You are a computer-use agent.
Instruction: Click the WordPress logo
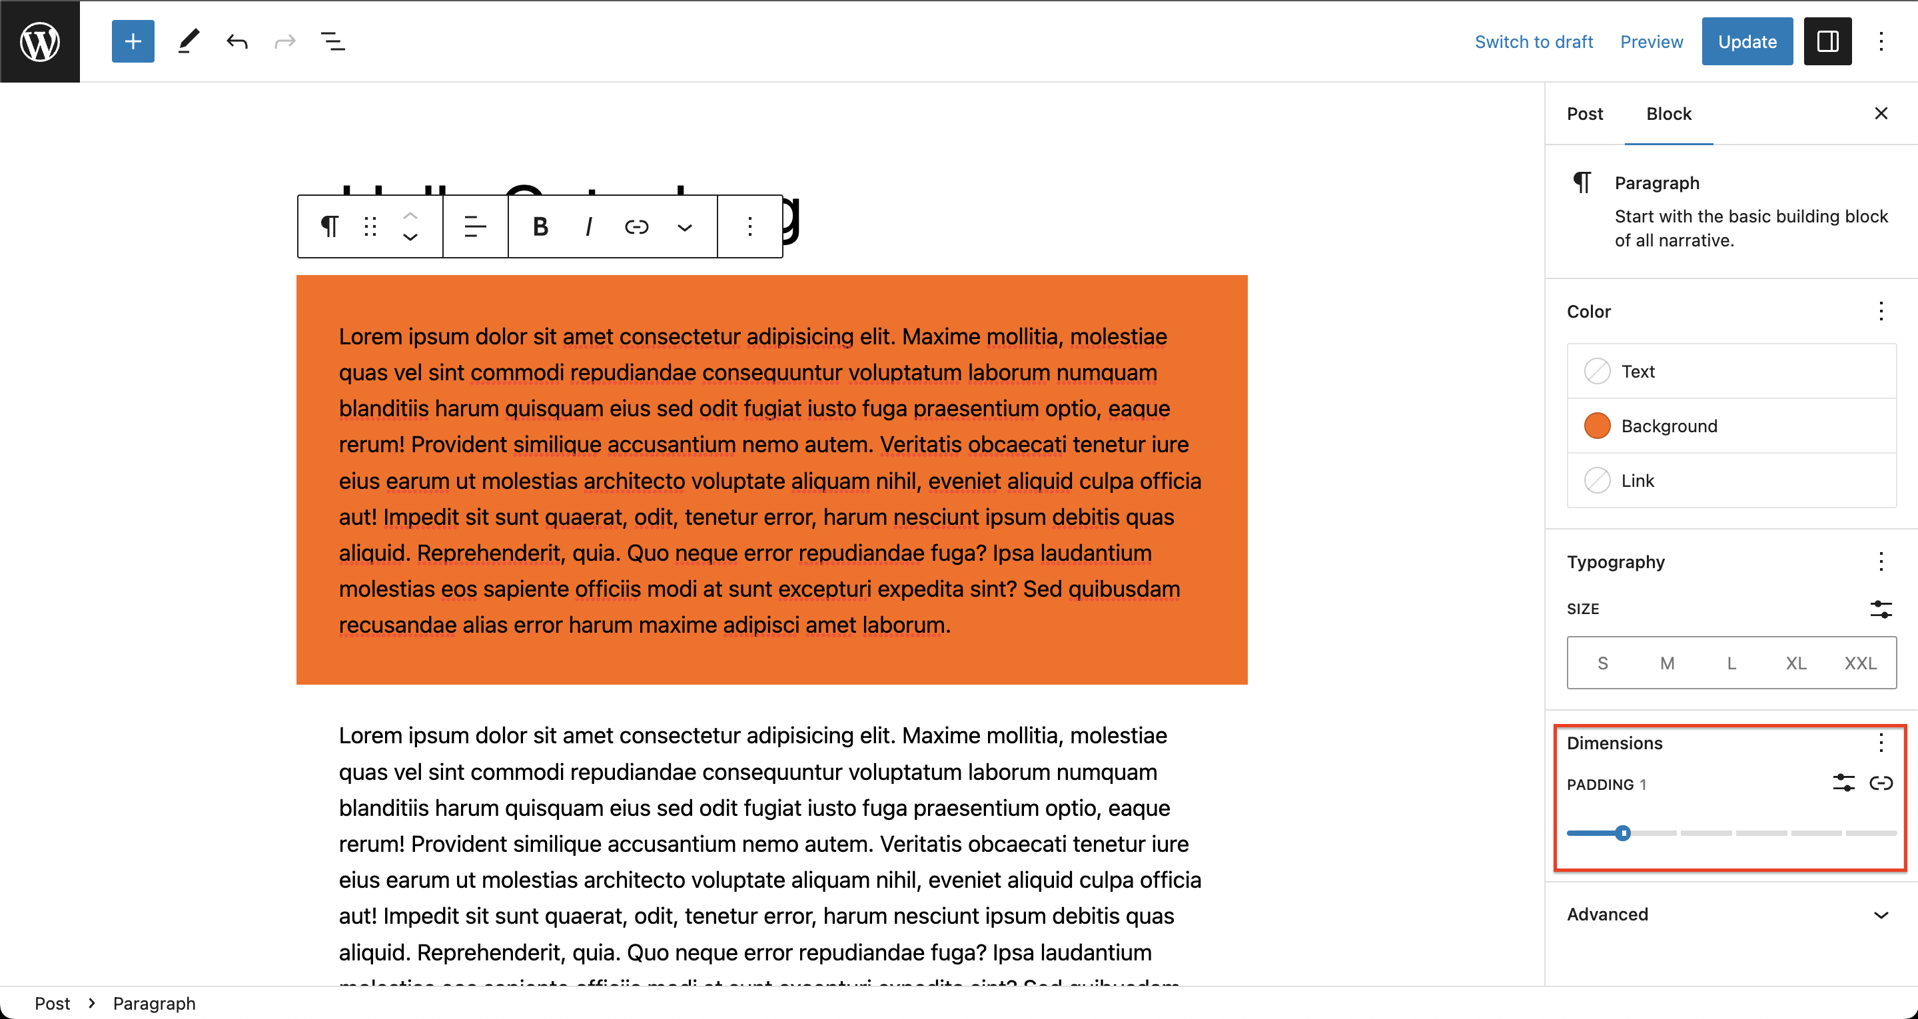pyautogui.click(x=39, y=41)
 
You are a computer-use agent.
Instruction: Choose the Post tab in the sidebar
pyautogui.click(x=1584, y=114)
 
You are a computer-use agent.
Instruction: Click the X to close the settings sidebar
pyautogui.click(x=1881, y=113)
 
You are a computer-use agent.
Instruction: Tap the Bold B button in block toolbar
pyautogui.click(x=540, y=226)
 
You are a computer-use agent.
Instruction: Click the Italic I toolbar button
pyautogui.click(x=588, y=226)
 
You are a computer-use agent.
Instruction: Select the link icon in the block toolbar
pyautogui.click(x=637, y=226)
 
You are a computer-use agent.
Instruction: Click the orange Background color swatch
pyautogui.click(x=1596, y=426)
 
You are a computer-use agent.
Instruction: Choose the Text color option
pyautogui.click(x=1638, y=372)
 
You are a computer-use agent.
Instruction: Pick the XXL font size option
pyautogui.click(x=1860, y=663)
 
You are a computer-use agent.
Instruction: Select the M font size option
pyautogui.click(x=1667, y=663)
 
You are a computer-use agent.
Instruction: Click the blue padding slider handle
pyautogui.click(x=1623, y=833)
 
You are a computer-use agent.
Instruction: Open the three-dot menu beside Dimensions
pyautogui.click(x=1881, y=742)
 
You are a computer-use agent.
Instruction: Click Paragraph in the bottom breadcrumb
pyautogui.click(x=154, y=1004)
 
